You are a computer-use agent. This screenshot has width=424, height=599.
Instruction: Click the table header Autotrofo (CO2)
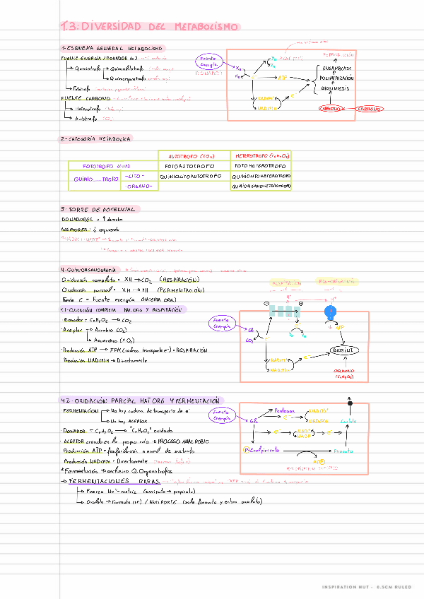[x=195, y=156]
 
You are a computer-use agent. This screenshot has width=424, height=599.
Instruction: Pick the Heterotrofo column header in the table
[x=261, y=156]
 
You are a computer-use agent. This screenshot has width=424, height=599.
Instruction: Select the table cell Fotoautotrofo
[x=195, y=167]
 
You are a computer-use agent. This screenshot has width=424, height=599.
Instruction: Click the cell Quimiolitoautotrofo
[x=195, y=177]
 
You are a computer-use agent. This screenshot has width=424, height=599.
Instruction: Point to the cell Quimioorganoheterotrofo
[x=261, y=186]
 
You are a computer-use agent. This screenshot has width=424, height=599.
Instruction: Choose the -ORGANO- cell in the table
[x=138, y=186]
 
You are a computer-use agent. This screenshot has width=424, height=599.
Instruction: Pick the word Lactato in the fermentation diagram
[x=348, y=422]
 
